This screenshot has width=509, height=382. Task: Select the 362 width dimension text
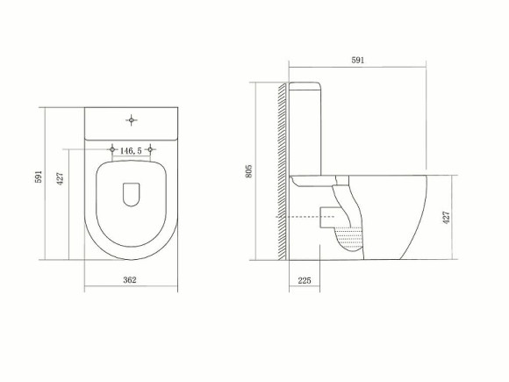[130, 280]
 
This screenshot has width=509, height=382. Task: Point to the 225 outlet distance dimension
[304, 281]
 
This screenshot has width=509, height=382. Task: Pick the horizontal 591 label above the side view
[357, 60]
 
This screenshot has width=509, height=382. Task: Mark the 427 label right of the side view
[447, 218]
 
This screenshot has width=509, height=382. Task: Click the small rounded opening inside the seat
[132, 195]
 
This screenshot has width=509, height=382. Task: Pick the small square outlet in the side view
[323, 216]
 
